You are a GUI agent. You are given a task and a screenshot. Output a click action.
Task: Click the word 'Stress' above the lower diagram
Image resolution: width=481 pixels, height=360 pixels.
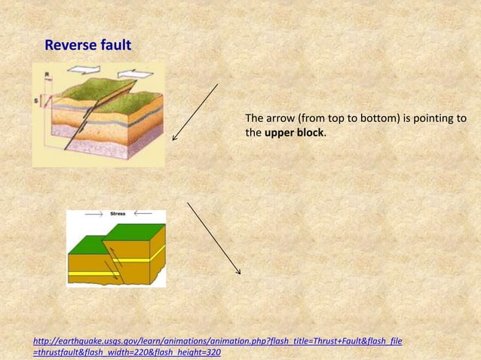click(x=118, y=215)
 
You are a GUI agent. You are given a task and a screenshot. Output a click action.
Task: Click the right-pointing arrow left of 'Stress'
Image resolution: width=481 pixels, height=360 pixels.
click(x=94, y=215)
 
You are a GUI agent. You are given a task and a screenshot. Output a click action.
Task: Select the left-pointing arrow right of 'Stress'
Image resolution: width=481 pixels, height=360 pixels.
click(x=144, y=215)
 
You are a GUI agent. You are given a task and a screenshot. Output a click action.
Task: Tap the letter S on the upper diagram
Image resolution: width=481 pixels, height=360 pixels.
click(x=35, y=98)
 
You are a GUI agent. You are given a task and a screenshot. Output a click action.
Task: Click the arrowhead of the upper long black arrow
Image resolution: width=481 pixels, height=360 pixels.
click(x=174, y=139)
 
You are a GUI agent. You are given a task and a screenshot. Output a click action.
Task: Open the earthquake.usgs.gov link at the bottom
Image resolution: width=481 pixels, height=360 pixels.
click(x=218, y=342)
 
